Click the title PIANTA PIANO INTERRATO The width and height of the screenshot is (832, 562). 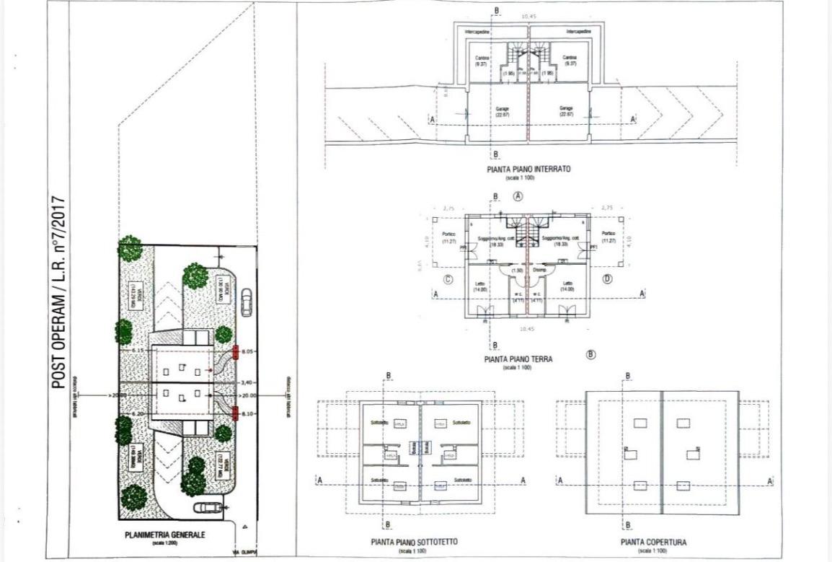coord(528,169)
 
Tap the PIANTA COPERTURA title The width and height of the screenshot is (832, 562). coord(652,542)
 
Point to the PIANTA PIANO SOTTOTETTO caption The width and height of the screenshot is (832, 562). coord(414,542)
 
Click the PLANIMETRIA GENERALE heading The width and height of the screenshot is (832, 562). coord(167,535)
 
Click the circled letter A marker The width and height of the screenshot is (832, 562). coord(518,196)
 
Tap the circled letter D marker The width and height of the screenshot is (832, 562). coord(608,279)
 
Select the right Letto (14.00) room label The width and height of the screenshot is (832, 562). coord(567,286)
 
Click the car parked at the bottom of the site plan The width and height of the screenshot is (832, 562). coord(208,506)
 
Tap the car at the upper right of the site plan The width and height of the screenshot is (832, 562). coord(247,302)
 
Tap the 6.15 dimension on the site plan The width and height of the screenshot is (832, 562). coord(138,351)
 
